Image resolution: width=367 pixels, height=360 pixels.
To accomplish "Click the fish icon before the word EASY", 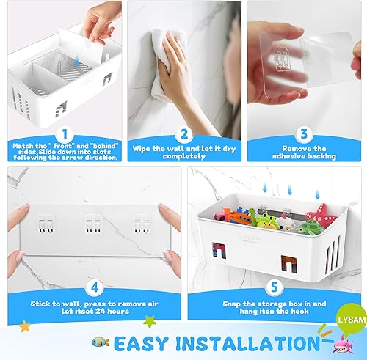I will click(x=101, y=342).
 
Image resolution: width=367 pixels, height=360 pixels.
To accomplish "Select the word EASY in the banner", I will click(x=144, y=343).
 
